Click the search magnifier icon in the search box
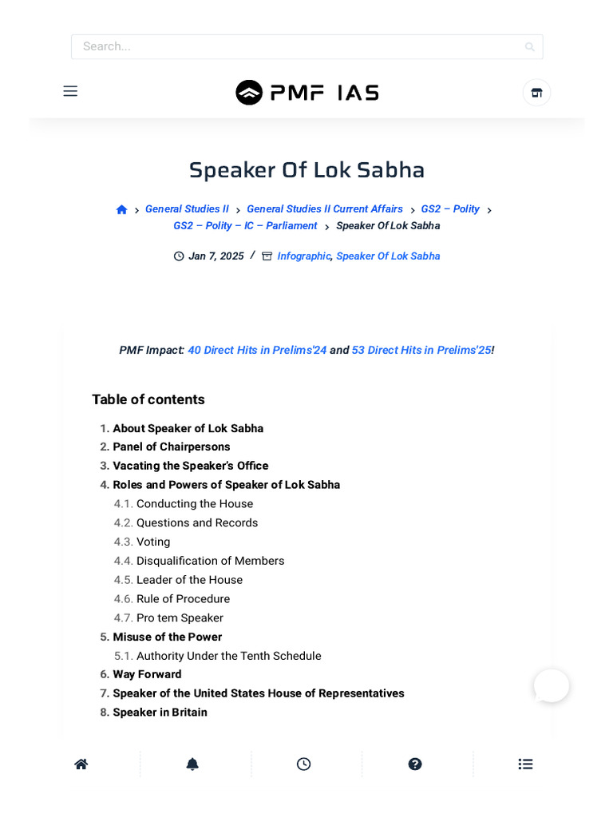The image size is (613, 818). tap(529, 47)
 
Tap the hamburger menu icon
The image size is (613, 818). tap(70, 91)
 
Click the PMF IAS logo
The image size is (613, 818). tap(306, 93)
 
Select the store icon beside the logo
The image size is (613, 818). tap(536, 93)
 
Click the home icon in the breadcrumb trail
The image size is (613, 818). tap(121, 209)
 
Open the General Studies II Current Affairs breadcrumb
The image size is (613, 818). tap(324, 209)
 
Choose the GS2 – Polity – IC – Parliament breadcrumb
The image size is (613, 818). tap(245, 226)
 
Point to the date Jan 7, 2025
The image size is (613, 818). tap(216, 256)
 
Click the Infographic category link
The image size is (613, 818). tap(303, 256)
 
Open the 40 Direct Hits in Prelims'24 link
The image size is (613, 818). tap(257, 350)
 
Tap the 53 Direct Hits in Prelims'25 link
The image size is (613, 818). tap(421, 350)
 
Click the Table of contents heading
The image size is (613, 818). tap(148, 399)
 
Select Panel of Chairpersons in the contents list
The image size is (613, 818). tap(172, 447)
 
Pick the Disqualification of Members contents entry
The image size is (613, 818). tap(210, 562)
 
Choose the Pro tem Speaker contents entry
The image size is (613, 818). tap(180, 618)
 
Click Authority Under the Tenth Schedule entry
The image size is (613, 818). tap(228, 657)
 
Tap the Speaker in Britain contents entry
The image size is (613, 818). tap(160, 713)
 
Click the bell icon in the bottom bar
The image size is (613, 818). tap(192, 764)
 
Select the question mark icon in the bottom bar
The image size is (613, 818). tap(415, 764)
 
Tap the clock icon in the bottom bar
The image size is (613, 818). tap(303, 764)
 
